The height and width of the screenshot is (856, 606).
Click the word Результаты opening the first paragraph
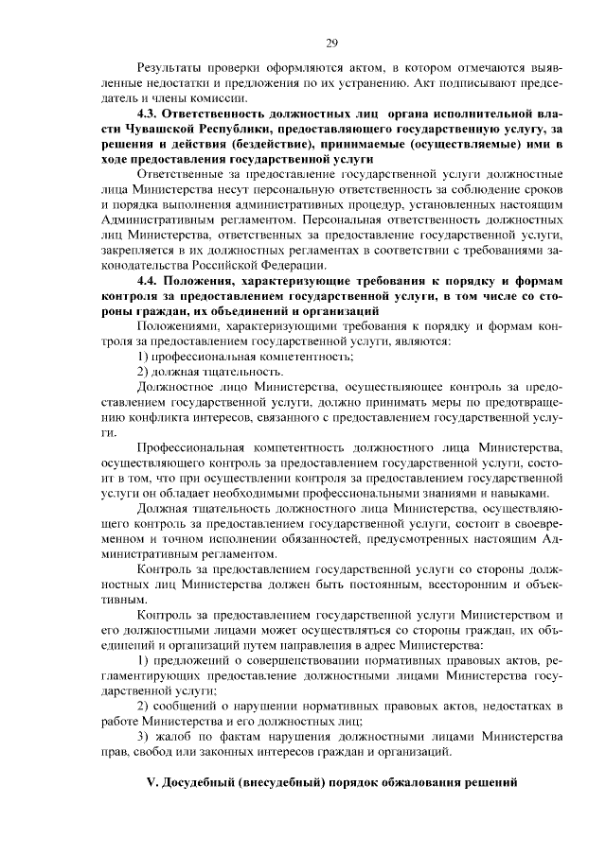coord(171,67)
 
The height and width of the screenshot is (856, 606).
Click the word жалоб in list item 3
coord(179,735)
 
